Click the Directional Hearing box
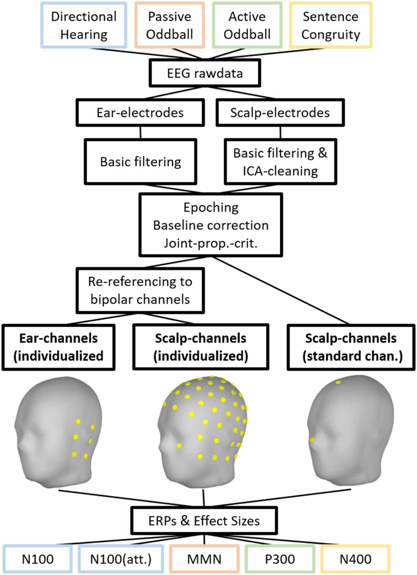(x=84, y=25)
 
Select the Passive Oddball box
(x=169, y=25)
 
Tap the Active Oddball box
(x=247, y=25)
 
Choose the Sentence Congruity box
(x=330, y=25)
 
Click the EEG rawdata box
(x=205, y=73)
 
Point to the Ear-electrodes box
(x=140, y=112)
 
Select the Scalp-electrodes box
(x=280, y=112)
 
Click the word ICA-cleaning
(x=280, y=171)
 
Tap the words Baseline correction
(x=211, y=225)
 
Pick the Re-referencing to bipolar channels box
(x=140, y=290)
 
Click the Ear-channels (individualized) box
(x=59, y=347)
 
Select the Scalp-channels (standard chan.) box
(x=351, y=347)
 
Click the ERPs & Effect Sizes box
(x=204, y=520)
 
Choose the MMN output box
(x=204, y=559)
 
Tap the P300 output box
(x=280, y=559)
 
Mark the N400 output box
(x=355, y=559)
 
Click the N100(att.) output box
(x=121, y=559)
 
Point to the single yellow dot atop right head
(x=338, y=382)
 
